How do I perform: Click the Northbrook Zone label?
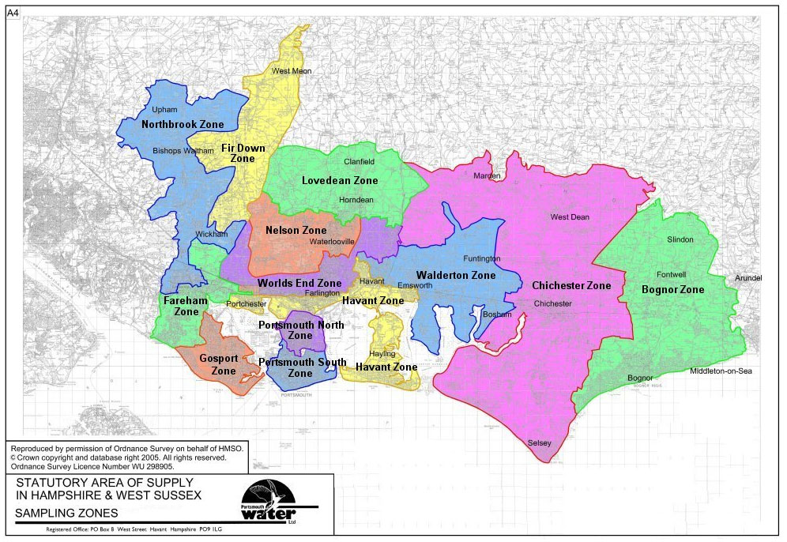183,125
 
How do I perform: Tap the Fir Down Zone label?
243,153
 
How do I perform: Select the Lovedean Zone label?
340,181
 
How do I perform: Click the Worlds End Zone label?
299,283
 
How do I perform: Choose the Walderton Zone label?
456,276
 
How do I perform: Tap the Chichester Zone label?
571,286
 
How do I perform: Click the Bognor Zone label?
672,290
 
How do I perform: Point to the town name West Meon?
292,71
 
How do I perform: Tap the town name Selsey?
539,443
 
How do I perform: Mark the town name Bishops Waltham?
183,150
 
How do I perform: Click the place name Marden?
487,175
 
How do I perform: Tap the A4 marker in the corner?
14,13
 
